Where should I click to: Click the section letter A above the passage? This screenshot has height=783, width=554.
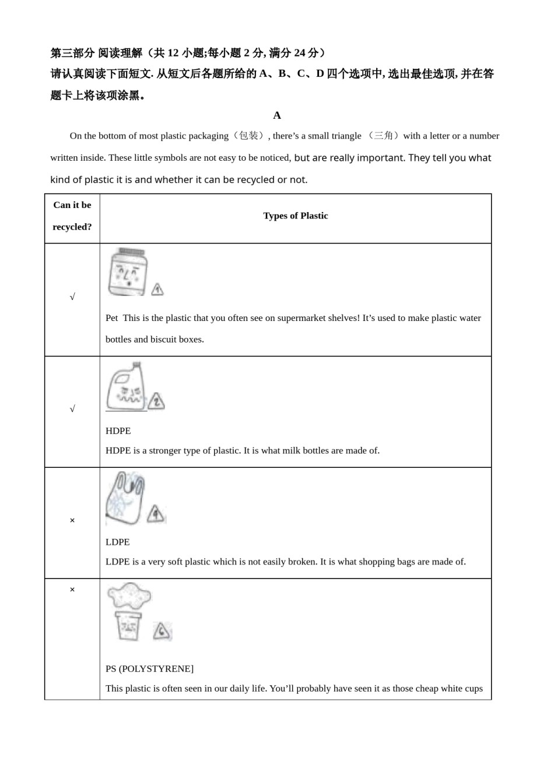[277, 115]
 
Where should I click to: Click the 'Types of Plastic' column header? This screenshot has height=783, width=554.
[295, 216]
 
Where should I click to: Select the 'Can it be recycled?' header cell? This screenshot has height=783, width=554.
[72, 216]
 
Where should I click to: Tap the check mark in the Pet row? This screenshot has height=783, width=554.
[72, 297]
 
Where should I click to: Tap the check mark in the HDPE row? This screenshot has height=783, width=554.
[72, 409]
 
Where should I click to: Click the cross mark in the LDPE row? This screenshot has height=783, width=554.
[72, 520]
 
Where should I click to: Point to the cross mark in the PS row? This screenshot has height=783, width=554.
[72, 590]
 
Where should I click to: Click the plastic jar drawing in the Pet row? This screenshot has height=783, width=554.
[128, 271]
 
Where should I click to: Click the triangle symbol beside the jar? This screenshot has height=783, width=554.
[157, 289]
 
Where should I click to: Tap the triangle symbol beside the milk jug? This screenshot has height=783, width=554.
[156, 401]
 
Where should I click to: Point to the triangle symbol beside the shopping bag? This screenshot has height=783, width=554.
[156, 514]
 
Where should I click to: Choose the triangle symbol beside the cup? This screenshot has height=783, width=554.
[162, 632]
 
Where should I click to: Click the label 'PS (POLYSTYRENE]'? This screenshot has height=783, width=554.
[149, 669]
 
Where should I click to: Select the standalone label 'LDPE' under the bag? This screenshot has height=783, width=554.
[118, 542]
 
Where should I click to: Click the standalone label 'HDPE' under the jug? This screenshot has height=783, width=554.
[118, 431]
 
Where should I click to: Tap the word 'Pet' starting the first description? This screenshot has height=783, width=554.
[111, 318]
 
